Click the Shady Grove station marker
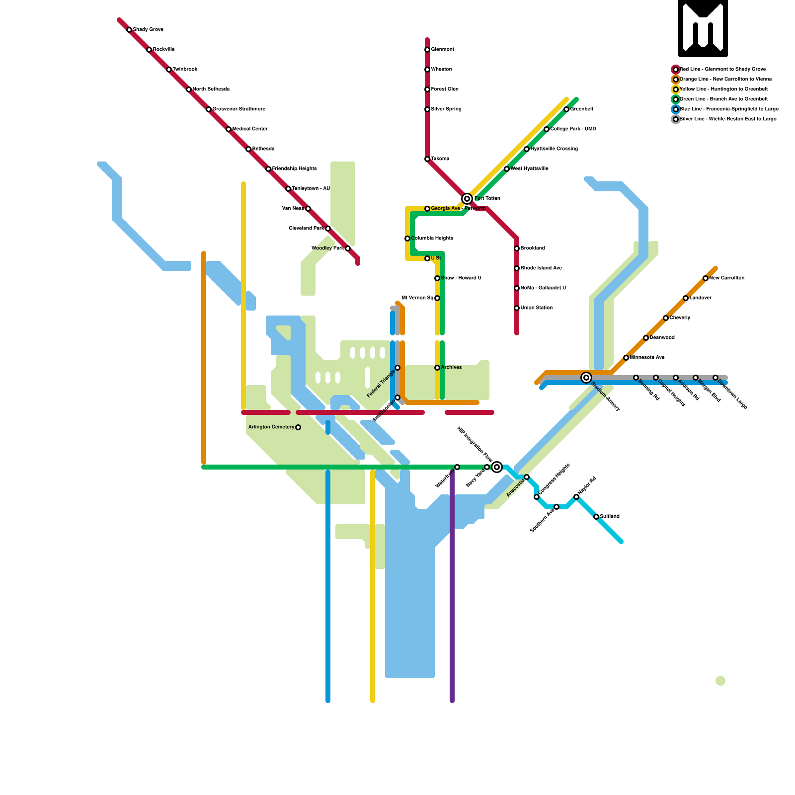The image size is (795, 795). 129,30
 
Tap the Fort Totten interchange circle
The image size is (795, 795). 467,199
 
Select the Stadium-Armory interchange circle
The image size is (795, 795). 586,378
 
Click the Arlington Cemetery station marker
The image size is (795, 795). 298,427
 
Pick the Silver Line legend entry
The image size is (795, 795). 727,119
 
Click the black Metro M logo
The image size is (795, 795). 703,28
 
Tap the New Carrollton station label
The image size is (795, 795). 726,278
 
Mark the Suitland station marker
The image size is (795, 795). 596,517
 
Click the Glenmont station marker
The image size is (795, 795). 427,50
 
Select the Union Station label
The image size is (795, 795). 536,308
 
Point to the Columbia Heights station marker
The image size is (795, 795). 407,238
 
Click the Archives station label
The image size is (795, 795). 451,368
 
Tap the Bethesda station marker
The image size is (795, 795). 248,149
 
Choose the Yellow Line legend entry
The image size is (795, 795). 723,89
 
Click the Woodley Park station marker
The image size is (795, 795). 348,248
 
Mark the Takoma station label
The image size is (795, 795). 440,159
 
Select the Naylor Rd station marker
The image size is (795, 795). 576,497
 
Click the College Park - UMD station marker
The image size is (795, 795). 547,129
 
